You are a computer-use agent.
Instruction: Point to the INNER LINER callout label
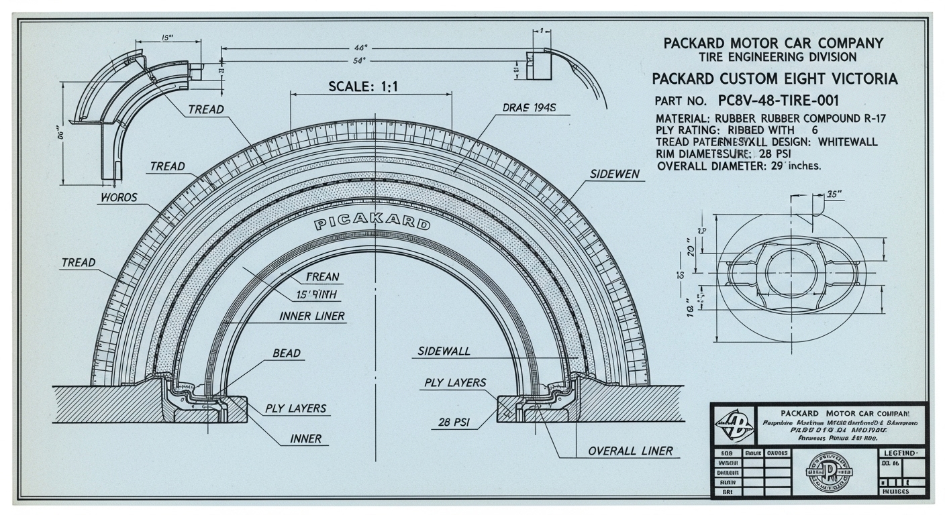click(x=311, y=316)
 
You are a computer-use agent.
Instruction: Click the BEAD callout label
click(x=287, y=353)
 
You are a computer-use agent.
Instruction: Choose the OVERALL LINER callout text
click(x=630, y=451)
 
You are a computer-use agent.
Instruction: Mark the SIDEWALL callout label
click(x=444, y=351)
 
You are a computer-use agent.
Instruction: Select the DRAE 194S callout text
click(x=530, y=107)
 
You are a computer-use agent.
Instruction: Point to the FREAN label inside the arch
click(x=322, y=276)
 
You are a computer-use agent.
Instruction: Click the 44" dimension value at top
click(x=360, y=48)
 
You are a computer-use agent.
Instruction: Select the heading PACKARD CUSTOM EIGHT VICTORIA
click(x=774, y=79)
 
